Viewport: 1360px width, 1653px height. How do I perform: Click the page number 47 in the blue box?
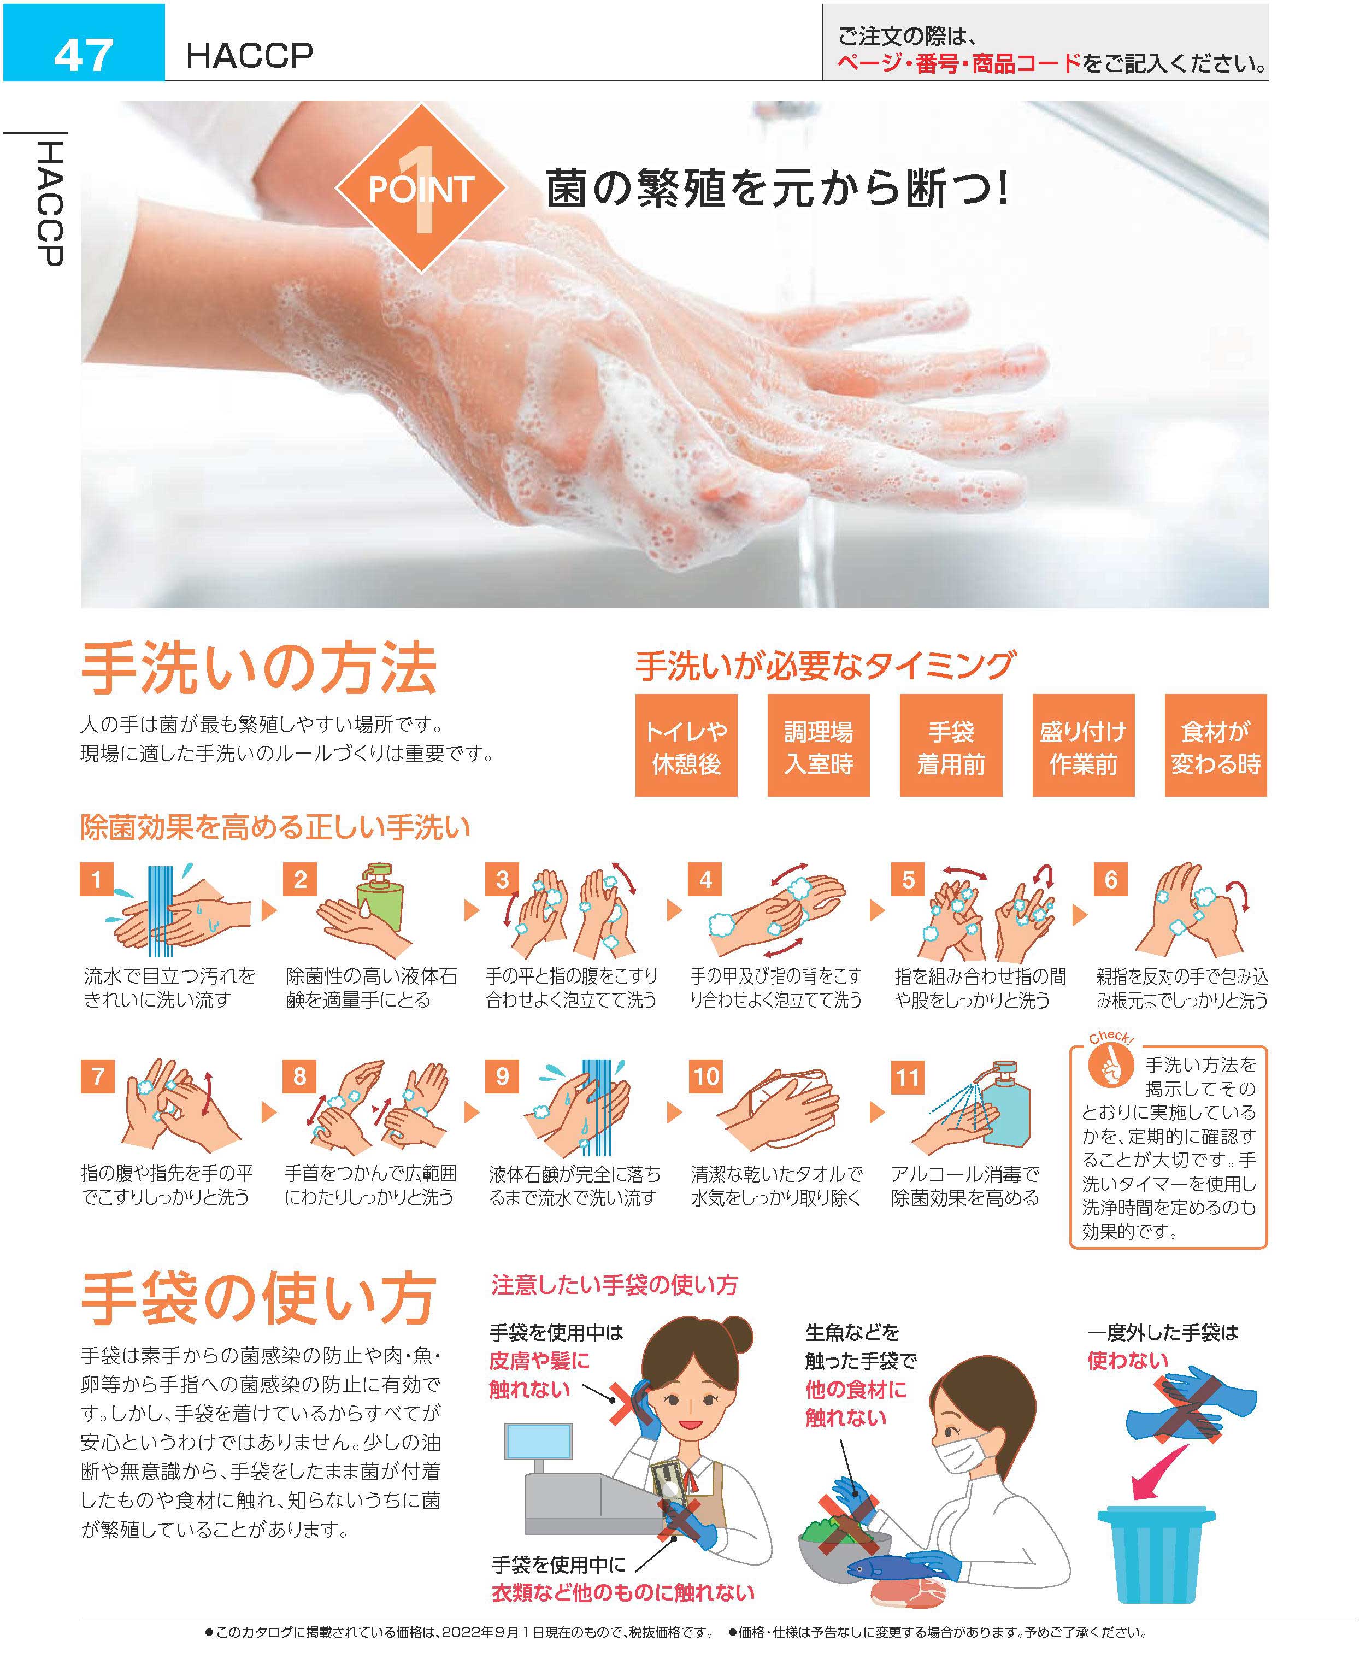(x=83, y=55)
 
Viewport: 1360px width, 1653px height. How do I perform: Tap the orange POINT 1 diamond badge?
(x=421, y=188)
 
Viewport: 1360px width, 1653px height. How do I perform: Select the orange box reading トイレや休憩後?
(x=686, y=745)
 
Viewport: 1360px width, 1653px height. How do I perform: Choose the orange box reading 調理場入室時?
(x=819, y=745)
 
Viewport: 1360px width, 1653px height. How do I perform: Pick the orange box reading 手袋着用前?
(x=951, y=745)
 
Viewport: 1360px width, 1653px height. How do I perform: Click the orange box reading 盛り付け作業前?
(x=1084, y=745)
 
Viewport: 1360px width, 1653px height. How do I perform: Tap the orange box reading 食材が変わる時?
(x=1216, y=745)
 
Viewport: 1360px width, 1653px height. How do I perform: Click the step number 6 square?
(x=1111, y=880)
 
